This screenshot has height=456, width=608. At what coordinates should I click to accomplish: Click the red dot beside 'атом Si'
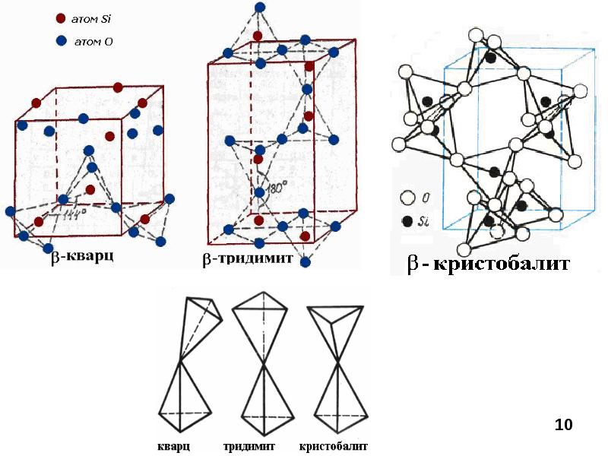point(61,18)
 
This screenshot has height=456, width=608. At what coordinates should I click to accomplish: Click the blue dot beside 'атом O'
point(62,41)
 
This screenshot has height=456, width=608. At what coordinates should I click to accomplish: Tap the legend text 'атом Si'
point(91,19)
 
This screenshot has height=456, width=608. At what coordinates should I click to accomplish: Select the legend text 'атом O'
point(93,41)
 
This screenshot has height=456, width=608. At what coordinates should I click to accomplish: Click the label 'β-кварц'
point(82,257)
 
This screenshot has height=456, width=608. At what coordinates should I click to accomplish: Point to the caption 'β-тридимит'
point(248,258)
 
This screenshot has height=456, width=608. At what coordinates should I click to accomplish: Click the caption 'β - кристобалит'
point(489,264)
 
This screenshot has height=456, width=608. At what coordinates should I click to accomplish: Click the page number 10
point(563,425)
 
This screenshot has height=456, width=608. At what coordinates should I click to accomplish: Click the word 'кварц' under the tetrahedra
point(174,446)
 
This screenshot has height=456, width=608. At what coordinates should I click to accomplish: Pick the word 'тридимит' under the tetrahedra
point(249,446)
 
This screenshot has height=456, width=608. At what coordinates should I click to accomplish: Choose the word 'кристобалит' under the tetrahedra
point(334,446)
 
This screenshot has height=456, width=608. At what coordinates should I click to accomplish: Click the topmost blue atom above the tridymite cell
point(261,7)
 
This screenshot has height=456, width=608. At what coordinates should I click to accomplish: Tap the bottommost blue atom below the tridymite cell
point(306,262)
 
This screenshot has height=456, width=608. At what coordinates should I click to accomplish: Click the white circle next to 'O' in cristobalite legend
point(407,198)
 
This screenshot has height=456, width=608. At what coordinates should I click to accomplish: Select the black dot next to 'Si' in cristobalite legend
point(407,221)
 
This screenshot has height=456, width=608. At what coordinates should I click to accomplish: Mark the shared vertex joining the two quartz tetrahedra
point(179,362)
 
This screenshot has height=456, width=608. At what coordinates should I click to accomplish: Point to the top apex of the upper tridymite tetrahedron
point(264,292)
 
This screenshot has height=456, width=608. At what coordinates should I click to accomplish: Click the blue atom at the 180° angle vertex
point(259,192)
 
